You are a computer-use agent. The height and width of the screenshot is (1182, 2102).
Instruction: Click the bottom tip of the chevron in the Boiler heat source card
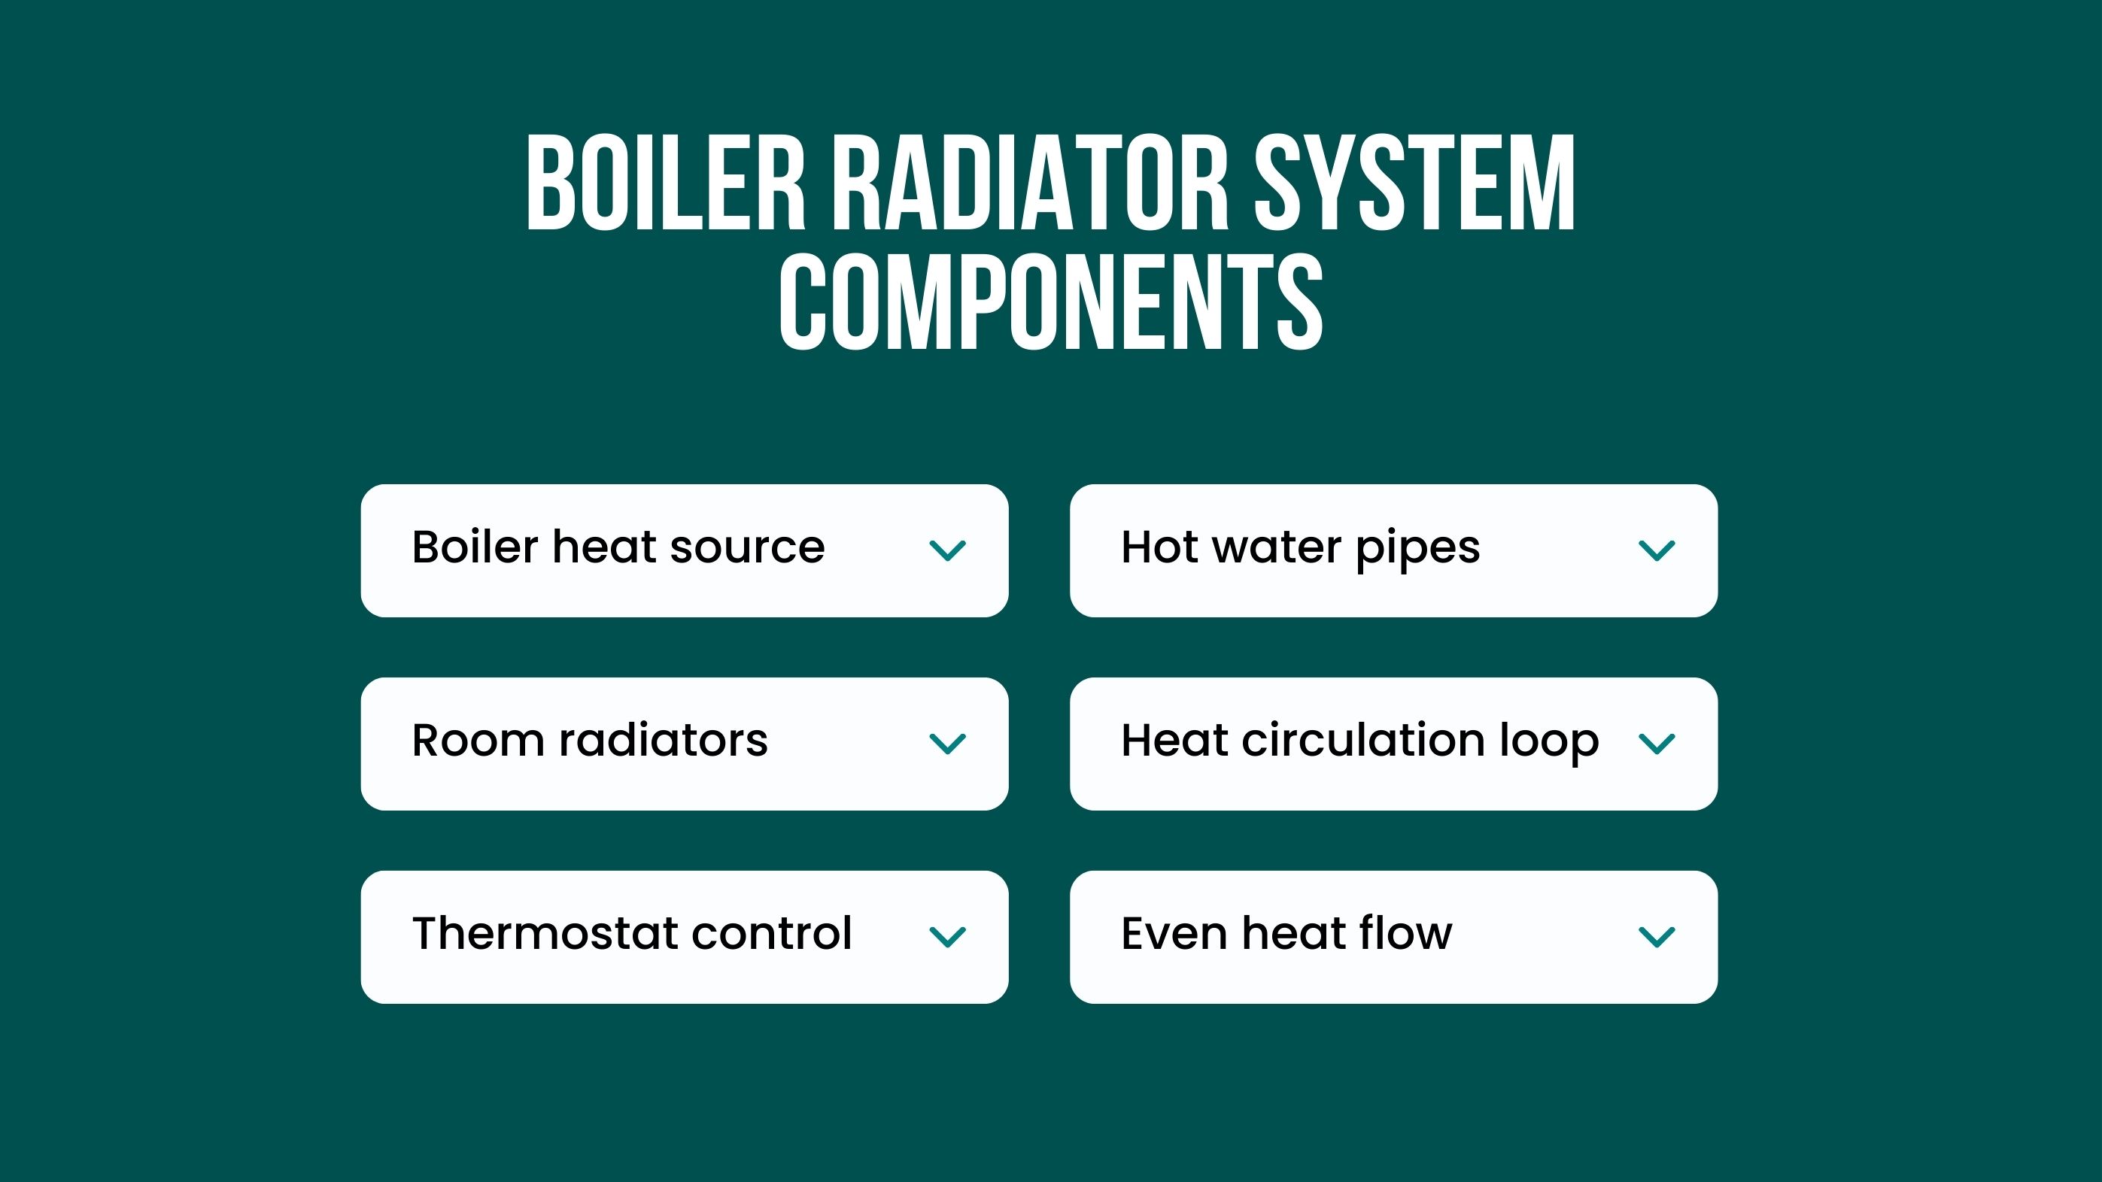click(947, 560)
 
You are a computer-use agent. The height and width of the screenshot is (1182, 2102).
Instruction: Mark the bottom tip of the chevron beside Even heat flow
click(1657, 947)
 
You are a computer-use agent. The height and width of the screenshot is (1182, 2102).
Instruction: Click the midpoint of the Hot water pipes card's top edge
click(1394, 484)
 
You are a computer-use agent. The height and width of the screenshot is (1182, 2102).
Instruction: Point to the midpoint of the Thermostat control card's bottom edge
click(685, 1003)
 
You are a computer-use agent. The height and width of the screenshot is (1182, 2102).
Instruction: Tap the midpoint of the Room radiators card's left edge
click(361, 743)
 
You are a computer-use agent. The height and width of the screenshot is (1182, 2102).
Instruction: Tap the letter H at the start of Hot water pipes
click(1138, 547)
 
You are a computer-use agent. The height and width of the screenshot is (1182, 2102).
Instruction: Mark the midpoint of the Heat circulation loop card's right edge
click(1717, 743)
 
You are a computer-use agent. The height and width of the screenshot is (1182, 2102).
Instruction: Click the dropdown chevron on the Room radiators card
click(947, 743)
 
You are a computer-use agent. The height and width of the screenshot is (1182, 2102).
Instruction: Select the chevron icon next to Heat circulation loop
click(1657, 743)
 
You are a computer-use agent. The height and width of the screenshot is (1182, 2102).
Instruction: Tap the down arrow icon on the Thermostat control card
click(947, 936)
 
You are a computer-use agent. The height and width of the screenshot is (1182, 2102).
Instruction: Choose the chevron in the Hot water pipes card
click(1657, 550)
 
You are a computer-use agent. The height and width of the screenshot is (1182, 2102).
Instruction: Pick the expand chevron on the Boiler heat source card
click(947, 550)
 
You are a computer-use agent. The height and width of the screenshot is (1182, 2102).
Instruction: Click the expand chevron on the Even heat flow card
click(1657, 936)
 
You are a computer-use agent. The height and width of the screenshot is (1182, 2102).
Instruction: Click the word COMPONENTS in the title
click(1051, 302)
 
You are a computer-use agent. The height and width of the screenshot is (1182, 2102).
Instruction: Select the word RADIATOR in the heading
click(1030, 182)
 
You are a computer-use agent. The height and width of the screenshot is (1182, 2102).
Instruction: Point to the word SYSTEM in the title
click(1414, 182)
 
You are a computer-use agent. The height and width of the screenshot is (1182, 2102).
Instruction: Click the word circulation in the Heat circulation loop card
click(1362, 740)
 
